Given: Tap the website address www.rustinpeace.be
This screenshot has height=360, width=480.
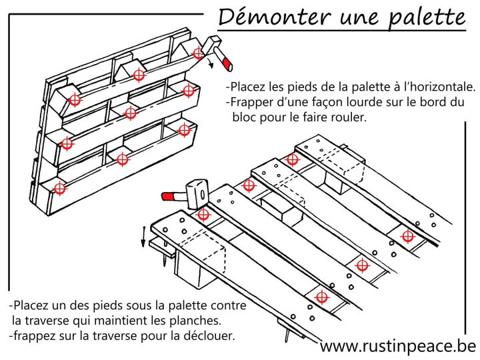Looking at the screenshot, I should [x=398, y=346].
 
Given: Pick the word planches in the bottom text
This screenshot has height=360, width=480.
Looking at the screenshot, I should [x=205, y=319].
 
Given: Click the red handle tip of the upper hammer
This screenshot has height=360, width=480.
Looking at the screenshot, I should [x=227, y=64].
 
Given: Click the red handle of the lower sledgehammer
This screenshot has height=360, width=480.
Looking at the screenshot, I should [x=172, y=196].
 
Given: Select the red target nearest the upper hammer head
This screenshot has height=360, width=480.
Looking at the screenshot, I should [x=197, y=53].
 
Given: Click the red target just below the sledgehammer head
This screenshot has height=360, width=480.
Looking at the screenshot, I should [x=203, y=215].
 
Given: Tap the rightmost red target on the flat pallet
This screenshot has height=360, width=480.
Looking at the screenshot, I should [x=407, y=236].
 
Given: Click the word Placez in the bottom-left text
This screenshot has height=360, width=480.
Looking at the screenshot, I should [x=29, y=305].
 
